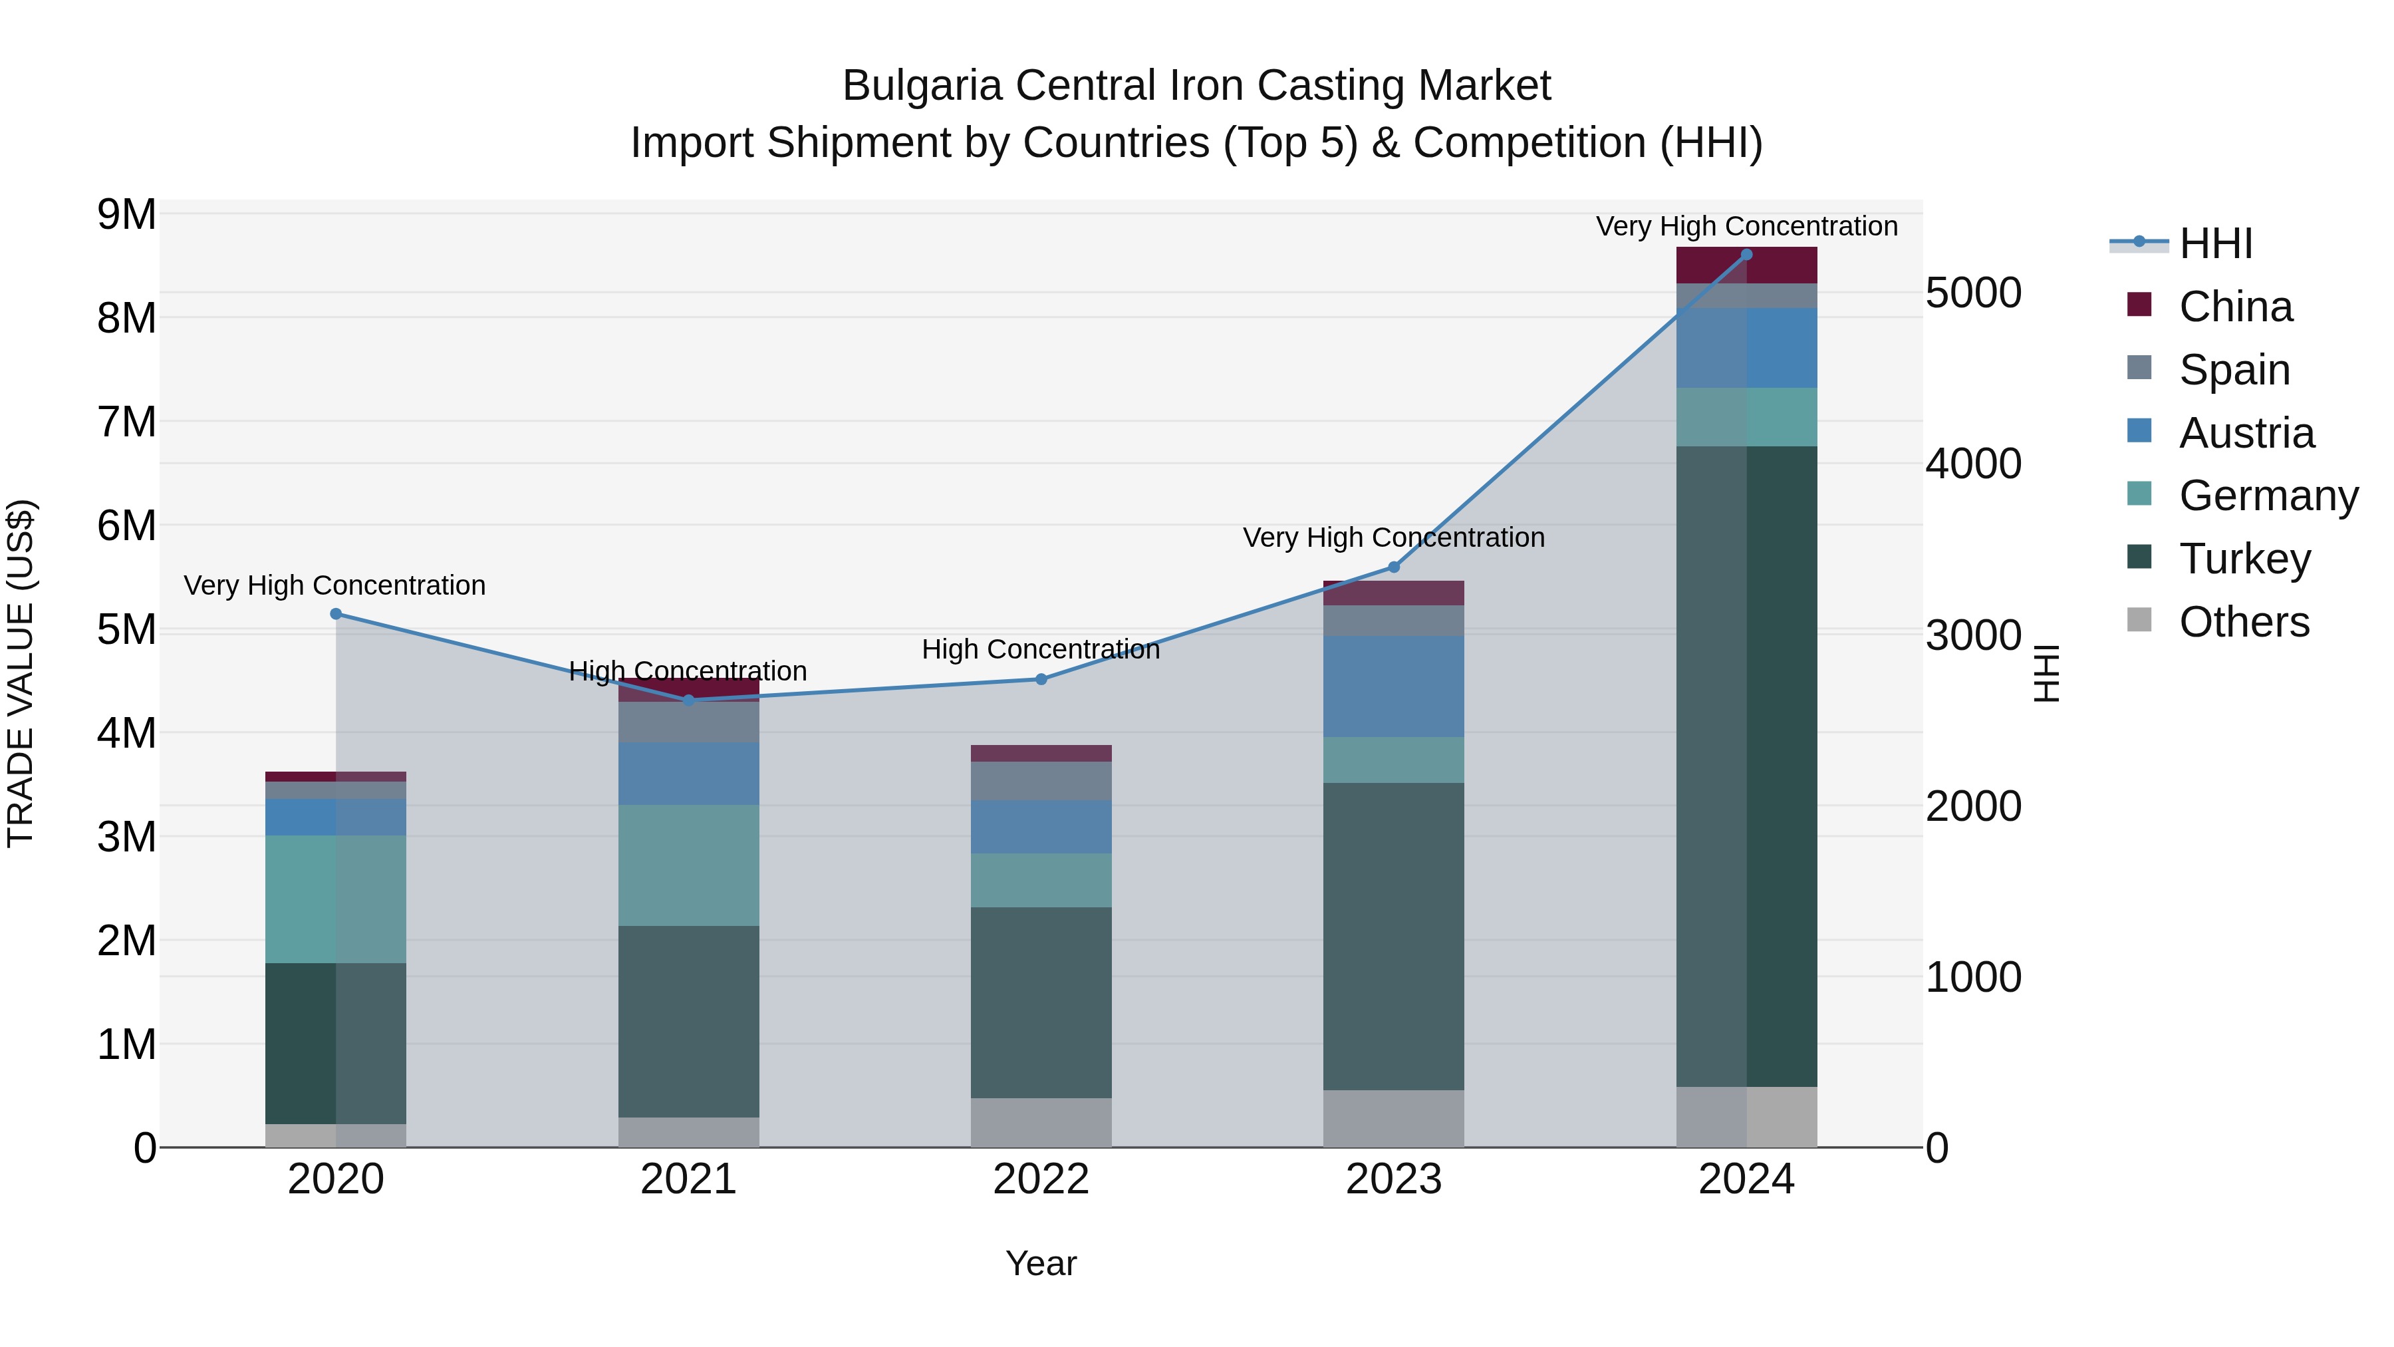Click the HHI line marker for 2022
pyautogui.click(x=1041, y=680)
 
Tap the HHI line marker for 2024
pyautogui.click(x=1746, y=255)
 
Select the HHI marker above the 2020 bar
pyautogui.click(x=336, y=613)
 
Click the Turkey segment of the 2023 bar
pyautogui.click(x=1393, y=936)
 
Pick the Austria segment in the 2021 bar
pyautogui.click(x=689, y=774)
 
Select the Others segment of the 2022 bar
pyautogui.click(x=1041, y=1122)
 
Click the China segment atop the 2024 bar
pyautogui.click(x=1746, y=265)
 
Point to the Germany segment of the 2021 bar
pyautogui.click(x=689, y=865)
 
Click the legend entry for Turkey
pyautogui.click(x=2244, y=559)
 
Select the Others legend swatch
pyautogui.click(x=2139, y=620)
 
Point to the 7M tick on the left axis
pyautogui.click(x=126, y=422)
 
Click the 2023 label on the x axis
pyautogui.click(x=1393, y=1179)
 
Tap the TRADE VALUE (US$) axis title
pyautogui.click(x=21, y=673)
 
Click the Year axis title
pyautogui.click(x=1041, y=1263)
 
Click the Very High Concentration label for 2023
pyautogui.click(x=1393, y=537)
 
